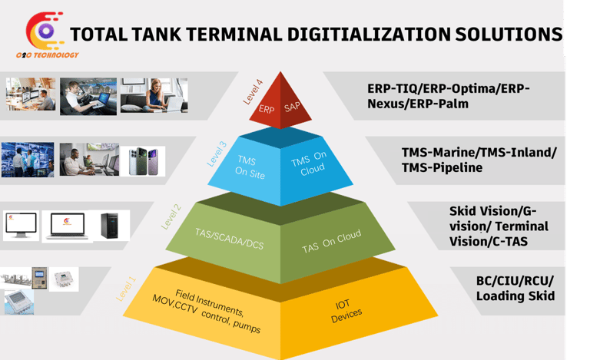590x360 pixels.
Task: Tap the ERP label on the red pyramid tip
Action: coord(267,110)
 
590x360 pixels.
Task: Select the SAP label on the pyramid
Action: coord(292,107)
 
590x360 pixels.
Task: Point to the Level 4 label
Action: coord(252,90)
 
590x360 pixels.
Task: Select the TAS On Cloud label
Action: coord(331,243)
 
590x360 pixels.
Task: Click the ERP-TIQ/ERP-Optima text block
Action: coord(449,96)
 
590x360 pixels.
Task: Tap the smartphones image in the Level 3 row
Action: coord(147,160)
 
